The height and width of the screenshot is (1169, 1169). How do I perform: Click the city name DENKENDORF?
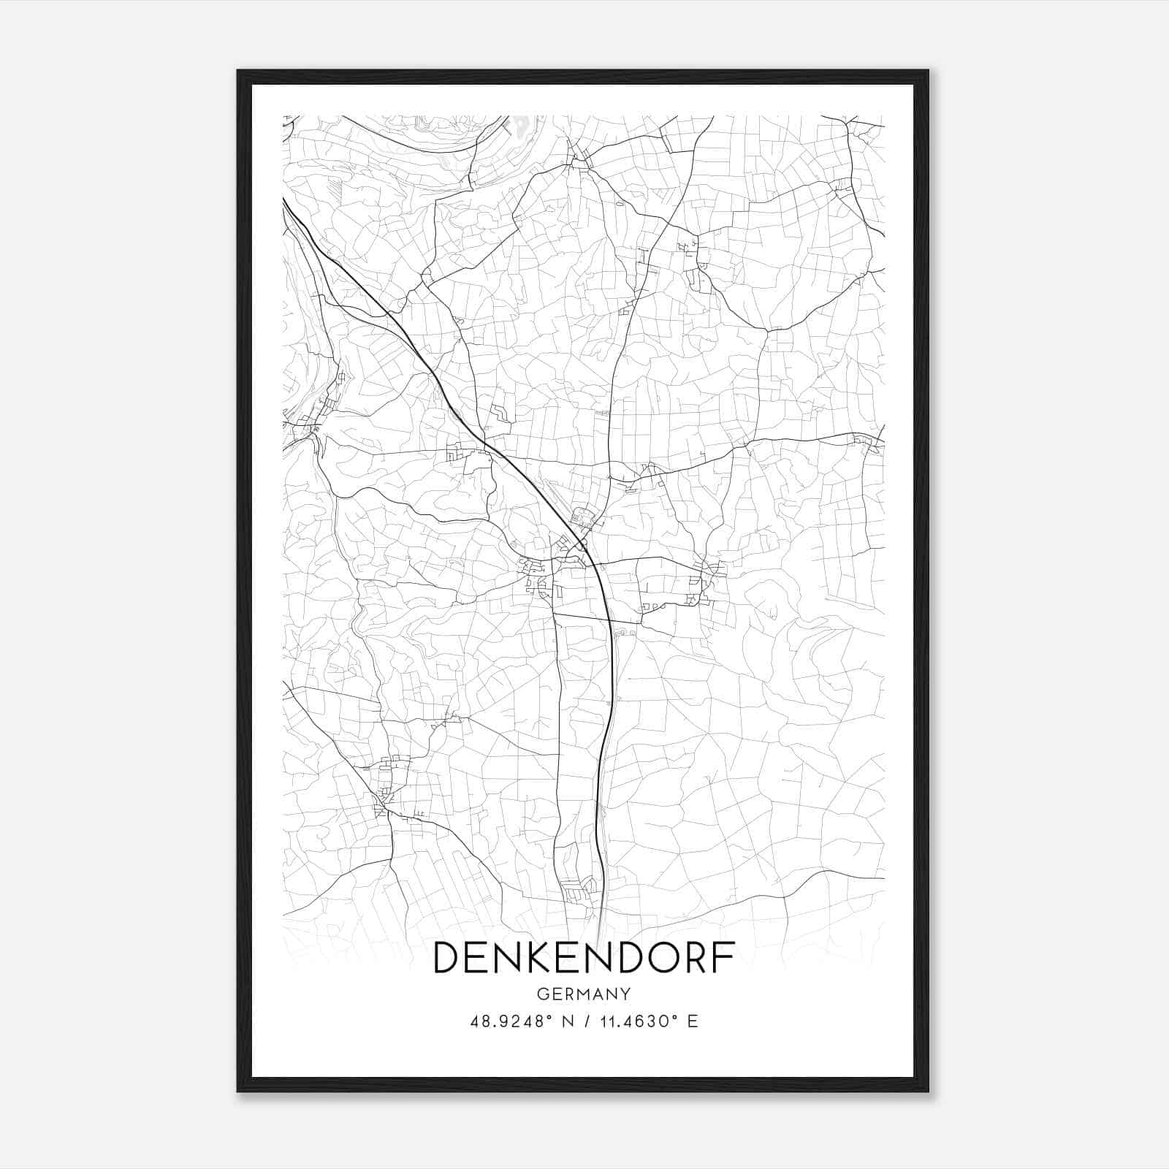(584, 958)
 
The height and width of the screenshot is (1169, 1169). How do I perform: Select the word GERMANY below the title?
(584, 994)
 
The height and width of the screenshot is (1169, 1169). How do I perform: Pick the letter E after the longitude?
(693, 1021)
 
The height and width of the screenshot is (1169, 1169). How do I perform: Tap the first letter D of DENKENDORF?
(448, 958)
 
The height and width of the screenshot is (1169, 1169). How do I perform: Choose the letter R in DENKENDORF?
(691, 958)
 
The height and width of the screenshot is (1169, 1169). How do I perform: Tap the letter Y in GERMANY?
(625, 994)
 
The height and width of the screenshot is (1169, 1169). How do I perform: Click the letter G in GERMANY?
(541, 994)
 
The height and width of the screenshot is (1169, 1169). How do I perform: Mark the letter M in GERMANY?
(583, 994)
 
